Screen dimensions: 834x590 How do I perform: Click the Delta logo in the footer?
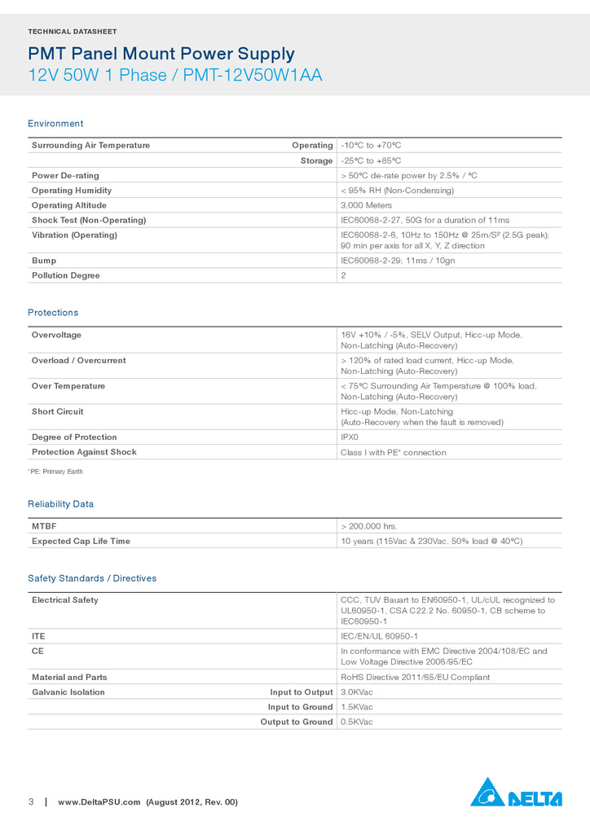(516, 792)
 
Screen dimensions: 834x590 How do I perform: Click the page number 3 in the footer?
(31, 802)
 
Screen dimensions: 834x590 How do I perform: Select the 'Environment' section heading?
(55, 124)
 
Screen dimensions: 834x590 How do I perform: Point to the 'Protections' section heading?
(53, 313)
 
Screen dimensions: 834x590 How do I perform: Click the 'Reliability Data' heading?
(60, 504)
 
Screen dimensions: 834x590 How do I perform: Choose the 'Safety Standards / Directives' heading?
(92, 578)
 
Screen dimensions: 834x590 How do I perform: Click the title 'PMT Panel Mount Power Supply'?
(161, 55)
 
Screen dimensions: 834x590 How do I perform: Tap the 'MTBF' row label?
(44, 526)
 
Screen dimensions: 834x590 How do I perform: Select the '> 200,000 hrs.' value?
(368, 526)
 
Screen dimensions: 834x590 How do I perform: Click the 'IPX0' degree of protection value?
(350, 437)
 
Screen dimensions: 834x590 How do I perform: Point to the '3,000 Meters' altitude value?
(366, 205)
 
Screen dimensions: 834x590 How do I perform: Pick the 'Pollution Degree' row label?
(66, 275)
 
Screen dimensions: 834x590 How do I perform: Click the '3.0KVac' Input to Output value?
(356, 692)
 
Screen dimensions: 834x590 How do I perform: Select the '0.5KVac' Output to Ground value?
(356, 722)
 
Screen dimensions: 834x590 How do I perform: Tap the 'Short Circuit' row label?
(58, 411)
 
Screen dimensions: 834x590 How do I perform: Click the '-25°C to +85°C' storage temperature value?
(371, 160)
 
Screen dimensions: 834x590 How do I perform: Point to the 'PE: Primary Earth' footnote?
(55, 472)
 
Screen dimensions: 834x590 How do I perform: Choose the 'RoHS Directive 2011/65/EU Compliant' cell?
(415, 677)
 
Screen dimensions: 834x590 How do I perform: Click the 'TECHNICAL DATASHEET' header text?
(73, 32)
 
